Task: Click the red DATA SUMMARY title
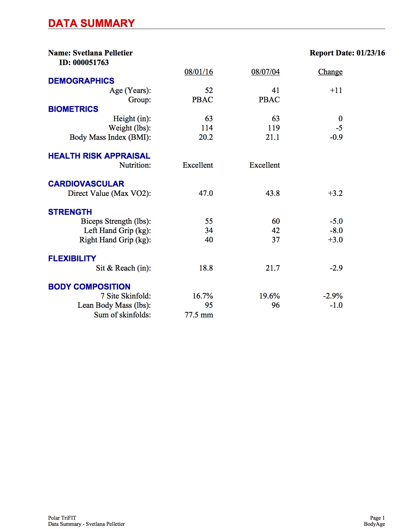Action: [91, 23]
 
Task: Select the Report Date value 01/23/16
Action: [371, 53]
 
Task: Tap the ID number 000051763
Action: [91, 63]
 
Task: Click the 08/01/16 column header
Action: [199, 72]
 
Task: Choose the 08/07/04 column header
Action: [265, 72]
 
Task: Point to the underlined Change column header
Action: [330, 72]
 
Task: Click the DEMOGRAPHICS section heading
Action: [81, 81]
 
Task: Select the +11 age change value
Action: [336, 90]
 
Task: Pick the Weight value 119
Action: [274, 128]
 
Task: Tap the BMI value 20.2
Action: [206, 137]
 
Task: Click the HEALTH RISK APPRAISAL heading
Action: [99, 156]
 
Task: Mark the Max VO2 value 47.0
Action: [206, 193]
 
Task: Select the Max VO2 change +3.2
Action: [335, 193]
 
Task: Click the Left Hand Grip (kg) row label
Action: [117, 231]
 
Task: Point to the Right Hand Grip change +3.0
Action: [335, 240]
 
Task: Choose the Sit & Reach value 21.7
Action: [273, 268]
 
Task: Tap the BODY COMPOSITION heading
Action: [89, 287]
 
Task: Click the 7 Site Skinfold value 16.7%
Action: [202, 296]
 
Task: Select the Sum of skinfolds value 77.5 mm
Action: [199, 315]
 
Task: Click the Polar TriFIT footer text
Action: [62, 518]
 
